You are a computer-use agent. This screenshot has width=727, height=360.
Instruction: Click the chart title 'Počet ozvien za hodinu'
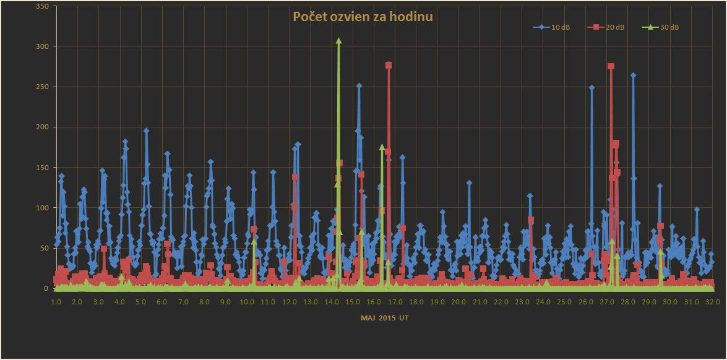coord(363,17)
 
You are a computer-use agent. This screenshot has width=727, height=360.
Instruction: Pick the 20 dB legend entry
coord(609,27)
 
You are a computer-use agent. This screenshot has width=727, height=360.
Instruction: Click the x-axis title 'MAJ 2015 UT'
coord(384,318)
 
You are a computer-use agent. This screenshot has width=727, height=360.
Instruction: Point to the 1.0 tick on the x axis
coord(56,302)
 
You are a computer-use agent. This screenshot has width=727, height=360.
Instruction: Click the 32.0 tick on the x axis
coord(713,302)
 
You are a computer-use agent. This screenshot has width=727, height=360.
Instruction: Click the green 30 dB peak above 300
coord(338,41)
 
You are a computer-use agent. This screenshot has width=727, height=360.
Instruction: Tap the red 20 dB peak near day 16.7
coord(389,65)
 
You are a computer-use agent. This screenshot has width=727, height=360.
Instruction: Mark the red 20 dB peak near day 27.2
coord(611,66)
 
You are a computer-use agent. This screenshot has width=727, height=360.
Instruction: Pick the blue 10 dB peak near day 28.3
coord(633,75)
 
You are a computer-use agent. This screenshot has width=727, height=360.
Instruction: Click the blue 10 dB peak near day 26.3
coord(591,88)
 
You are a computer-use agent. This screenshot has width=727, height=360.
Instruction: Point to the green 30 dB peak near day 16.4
coord(382,147)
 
